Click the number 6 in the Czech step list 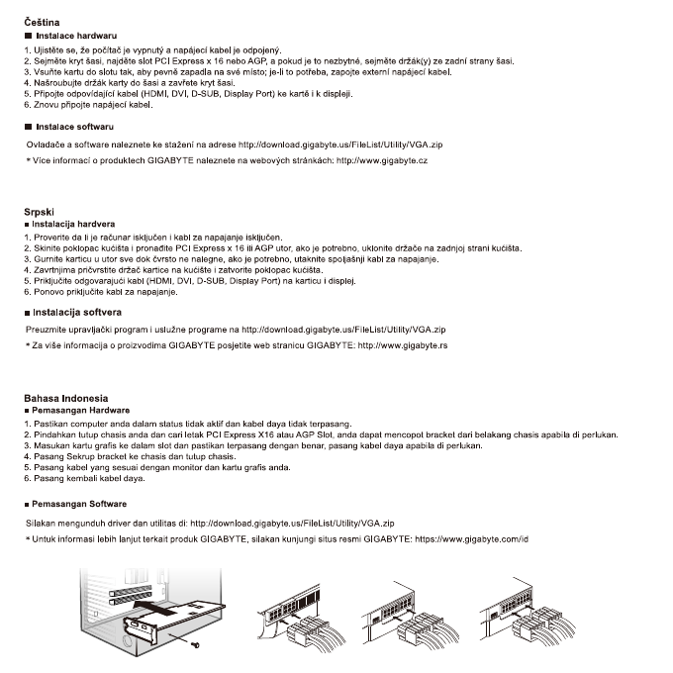coord(26,104)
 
